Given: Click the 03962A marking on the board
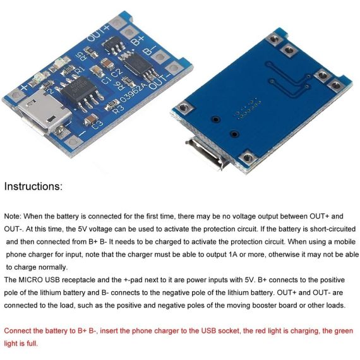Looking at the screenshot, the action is (x=133, y=92).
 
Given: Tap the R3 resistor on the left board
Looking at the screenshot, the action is (x=112, y=104).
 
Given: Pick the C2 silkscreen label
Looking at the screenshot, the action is (x=117, y=73).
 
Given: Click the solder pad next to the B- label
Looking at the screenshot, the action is (x=159, y=57).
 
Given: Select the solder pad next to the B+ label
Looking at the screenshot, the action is (x=129, y=32).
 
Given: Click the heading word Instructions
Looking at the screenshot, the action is (x=33, y=186).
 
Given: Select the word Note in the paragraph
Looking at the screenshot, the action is (x=13, y=216).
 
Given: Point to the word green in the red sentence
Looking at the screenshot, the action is (x=343, y=332).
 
